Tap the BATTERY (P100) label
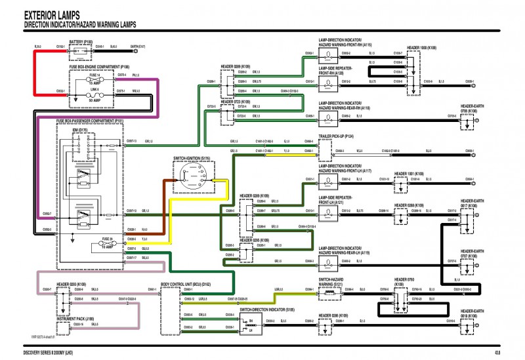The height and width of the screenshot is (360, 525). point(81,41)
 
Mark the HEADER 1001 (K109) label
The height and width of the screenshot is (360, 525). point(409,175)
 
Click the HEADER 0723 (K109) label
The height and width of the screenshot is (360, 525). point(236,102)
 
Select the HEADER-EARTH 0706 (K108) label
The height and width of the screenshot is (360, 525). point(472,109)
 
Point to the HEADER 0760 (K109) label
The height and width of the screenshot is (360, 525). point(403,283)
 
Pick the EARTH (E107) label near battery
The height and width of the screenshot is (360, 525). point(138,47)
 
